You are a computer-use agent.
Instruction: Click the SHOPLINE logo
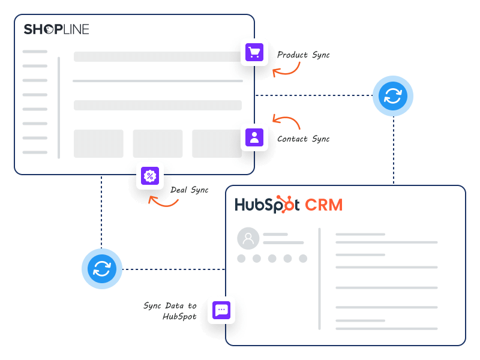(x=56, y=29)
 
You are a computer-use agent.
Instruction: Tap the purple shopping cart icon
(x=254, y=53)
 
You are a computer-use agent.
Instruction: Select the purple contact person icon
(x=254, y=137)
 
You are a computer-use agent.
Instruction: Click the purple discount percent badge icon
(x=150, y=176)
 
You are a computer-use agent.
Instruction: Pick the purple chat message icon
(x=221, y=310)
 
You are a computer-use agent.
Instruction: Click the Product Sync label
(x=303, y=55)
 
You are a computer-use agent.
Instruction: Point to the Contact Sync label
(x=303, y=139)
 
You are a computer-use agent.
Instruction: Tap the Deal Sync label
(x=190, y=190)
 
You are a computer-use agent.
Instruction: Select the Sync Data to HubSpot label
(x=170, y=311)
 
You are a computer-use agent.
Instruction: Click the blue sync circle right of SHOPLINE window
(x=393, y=95)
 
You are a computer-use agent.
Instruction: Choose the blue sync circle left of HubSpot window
(x=102, y=269)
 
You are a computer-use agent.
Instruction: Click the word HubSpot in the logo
(x=266, y=205)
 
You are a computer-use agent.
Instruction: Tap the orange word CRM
(x=323, y=205)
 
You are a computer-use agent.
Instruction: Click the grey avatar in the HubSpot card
(x=248, y=238)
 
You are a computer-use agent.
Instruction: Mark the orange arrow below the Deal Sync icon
(x=163, y=202)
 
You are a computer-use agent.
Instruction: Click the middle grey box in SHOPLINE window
(x=158, y=143)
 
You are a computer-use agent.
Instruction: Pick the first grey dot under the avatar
(x=241, y=259)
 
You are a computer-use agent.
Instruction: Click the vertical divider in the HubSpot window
(x=319, y=278)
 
